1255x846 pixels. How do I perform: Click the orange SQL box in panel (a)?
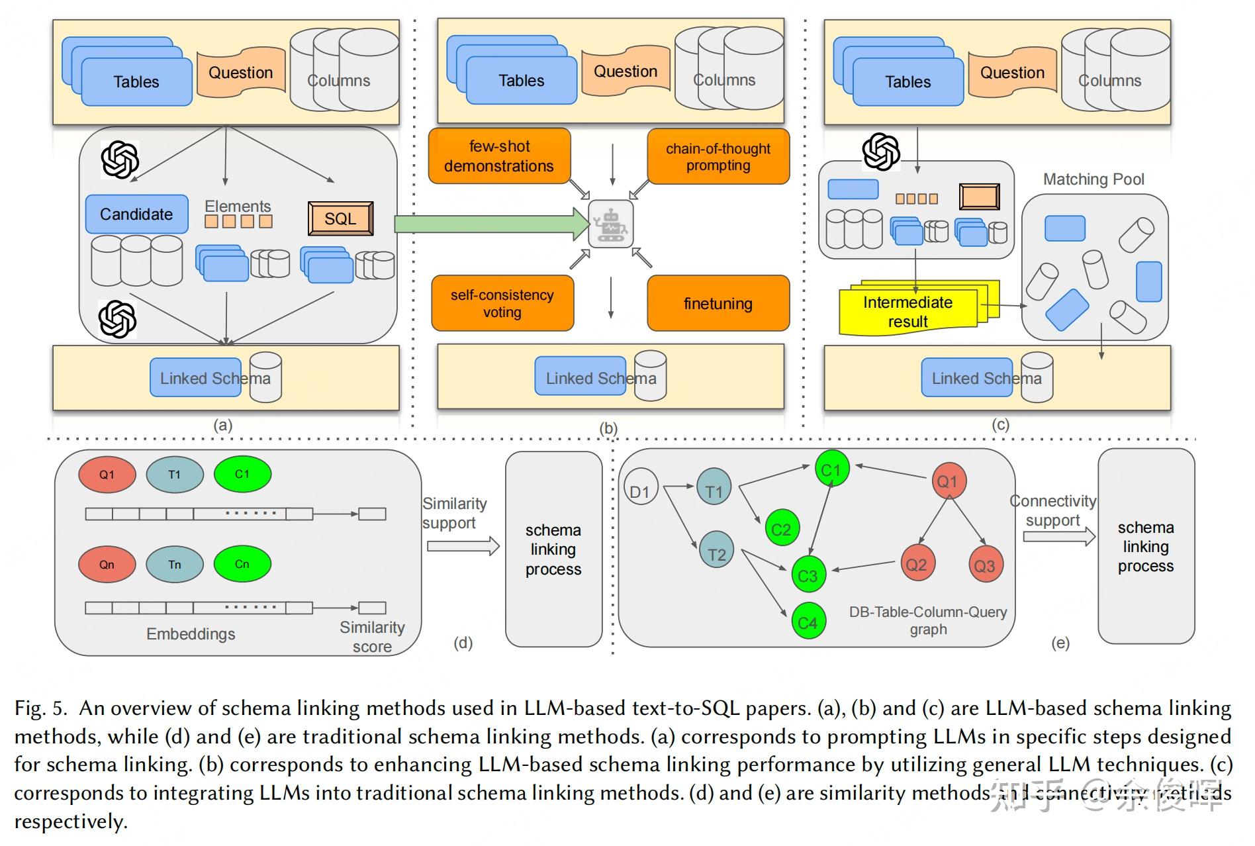340,218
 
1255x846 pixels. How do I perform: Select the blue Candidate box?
136,214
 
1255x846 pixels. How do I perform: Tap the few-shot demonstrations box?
499,156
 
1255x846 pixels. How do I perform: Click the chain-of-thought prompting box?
718,156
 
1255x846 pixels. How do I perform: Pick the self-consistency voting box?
502,303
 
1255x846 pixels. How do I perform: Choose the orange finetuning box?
718,303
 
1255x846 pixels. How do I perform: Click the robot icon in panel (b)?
610,224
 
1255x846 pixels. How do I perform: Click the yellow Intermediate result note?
908,311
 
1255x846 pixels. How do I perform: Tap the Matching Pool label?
1093,179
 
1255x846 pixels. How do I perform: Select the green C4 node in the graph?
808,622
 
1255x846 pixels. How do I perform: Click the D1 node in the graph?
640,491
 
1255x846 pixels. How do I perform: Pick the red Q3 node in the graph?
984,565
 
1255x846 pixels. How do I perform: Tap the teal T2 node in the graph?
717,553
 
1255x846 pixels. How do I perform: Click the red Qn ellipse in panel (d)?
107,564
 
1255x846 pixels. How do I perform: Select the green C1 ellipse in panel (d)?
242,474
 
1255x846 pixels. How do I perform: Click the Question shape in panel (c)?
1012,72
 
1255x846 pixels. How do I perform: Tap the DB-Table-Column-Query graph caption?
928,620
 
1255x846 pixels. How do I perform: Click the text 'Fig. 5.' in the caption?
40,708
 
